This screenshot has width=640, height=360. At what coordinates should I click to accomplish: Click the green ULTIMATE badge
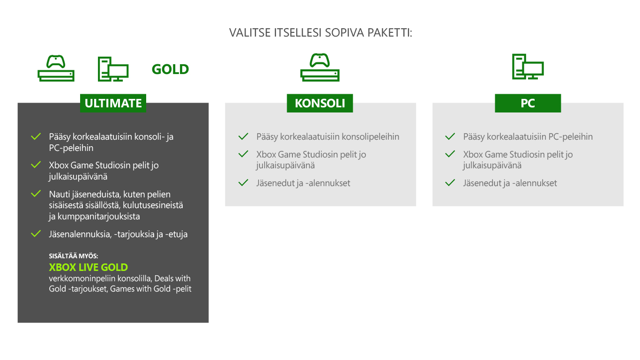click(113, 103)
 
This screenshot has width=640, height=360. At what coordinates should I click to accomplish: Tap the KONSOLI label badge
click(320, 103)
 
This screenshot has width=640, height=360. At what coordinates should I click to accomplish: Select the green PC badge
click(528, 103)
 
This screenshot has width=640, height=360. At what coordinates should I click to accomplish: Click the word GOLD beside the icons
click(170, 69)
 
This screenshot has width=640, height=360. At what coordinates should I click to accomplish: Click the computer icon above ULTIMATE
click(113, 69)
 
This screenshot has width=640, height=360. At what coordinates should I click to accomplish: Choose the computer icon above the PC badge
click(528, 67)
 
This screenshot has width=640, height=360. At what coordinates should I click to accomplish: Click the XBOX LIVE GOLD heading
click(88, 267)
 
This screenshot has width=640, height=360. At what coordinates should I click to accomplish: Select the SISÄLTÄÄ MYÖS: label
click(74, 255)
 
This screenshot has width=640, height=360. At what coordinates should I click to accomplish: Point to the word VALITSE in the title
click(250, 33)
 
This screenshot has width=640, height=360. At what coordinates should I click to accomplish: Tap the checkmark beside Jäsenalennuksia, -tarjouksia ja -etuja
click(36, 233)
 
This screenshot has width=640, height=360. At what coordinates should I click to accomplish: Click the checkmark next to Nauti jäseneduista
click(36, 194)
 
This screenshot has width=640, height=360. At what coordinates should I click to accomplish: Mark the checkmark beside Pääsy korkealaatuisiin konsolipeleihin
click(243, 136)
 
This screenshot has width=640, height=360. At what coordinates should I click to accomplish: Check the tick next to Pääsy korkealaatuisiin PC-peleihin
click(450, 136)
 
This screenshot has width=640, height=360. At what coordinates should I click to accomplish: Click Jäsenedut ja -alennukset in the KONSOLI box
click(303, 183)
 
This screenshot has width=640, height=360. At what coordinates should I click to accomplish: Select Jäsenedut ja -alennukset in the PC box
click(510, 183)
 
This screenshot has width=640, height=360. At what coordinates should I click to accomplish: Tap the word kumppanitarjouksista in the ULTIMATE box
click(98, 217)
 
